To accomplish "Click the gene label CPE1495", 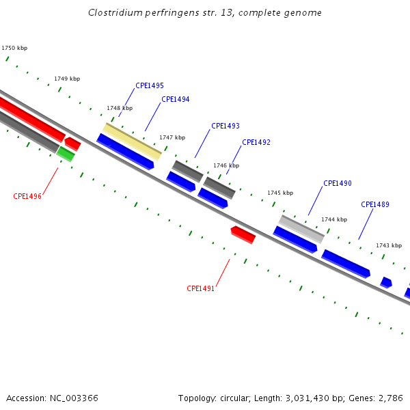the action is pos(149,86).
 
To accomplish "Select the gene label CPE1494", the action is pos(175,100).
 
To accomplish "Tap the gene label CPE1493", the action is pos(225,126).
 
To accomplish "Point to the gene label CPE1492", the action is pos(256,143).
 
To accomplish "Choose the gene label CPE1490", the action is pos(337,184).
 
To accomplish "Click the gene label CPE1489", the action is pos(374,205).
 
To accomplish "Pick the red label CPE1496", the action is pos(27,197).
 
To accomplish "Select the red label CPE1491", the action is pos(201,289).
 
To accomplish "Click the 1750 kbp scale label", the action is pos(14,49).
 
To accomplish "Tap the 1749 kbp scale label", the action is pos(67,79).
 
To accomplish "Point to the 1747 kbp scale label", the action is pos(172,138).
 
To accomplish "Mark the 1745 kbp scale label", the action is pos(279,193).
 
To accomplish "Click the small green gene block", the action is pos(66,154).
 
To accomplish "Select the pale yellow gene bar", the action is pos(132,141).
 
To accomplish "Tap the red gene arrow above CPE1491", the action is pos(243,234).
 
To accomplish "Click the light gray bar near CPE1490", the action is pos(301,228).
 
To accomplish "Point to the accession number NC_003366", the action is pos(73,398).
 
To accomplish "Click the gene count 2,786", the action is pos(389,398).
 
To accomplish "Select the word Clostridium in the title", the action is pos(113,13).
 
